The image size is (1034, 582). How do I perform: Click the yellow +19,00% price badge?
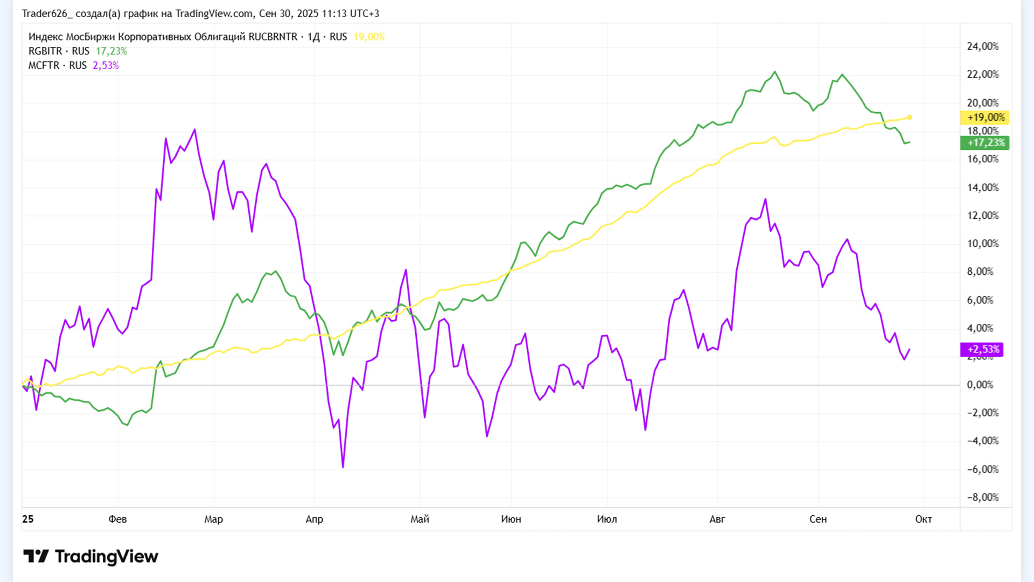985,117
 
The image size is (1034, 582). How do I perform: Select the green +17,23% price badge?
985,143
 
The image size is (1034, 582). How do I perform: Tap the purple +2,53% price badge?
982,349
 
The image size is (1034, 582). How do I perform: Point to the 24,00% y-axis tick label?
982,46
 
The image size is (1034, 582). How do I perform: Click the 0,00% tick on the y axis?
980,385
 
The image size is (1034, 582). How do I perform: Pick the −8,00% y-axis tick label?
982,497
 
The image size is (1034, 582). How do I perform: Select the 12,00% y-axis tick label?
982,216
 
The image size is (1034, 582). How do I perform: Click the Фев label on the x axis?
117,519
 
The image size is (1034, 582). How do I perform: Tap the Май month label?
420,519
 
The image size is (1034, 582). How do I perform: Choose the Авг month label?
717,519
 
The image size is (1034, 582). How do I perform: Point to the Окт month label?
923,519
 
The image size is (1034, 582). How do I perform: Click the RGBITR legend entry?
45,51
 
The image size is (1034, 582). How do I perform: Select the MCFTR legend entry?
44,65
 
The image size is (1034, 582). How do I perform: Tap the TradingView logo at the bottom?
90,556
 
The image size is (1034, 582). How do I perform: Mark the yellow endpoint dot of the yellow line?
910,117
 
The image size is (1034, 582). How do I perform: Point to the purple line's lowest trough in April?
343,467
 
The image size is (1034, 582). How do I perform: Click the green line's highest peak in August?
775,72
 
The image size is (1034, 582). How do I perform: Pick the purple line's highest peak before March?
195,129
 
